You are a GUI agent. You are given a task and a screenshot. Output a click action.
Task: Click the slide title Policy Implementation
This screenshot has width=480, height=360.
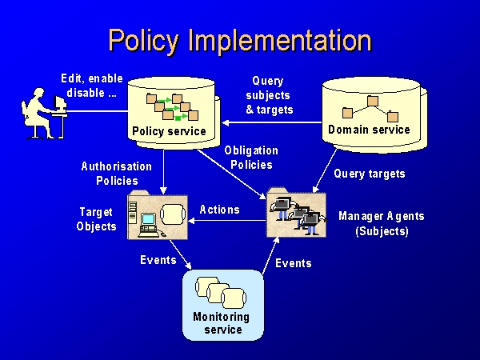[x=240, y=40]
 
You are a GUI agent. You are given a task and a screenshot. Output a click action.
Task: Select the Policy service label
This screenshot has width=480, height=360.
[x=168, y=131]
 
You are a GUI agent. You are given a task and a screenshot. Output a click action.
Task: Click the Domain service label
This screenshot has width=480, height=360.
[x=369, y=130]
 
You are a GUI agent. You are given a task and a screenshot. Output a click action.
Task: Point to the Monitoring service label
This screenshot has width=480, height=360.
[x=222, y=323]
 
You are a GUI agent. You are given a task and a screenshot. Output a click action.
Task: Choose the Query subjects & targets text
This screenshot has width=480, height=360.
[x=269, y=95]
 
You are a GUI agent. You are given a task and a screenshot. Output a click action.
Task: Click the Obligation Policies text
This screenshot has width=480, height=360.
[x=251, y=158]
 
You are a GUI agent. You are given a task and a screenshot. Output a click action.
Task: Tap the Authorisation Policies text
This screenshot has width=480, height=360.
[x=117, y=174]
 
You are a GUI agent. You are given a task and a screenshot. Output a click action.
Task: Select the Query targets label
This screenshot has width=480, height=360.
[x=370, y=174]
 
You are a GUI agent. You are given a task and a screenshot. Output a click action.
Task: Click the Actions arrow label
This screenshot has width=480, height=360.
[x=219, y=210]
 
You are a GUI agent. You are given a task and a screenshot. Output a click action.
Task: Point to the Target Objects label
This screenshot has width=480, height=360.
[x=97, y=219]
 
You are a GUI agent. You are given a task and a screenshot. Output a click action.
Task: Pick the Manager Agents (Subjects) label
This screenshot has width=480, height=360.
[x=382, y=224]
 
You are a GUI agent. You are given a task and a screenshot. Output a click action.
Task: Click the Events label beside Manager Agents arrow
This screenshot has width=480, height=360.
[x=294, y=263]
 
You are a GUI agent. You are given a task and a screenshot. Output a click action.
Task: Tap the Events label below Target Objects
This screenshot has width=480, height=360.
[x=158, y=260]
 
